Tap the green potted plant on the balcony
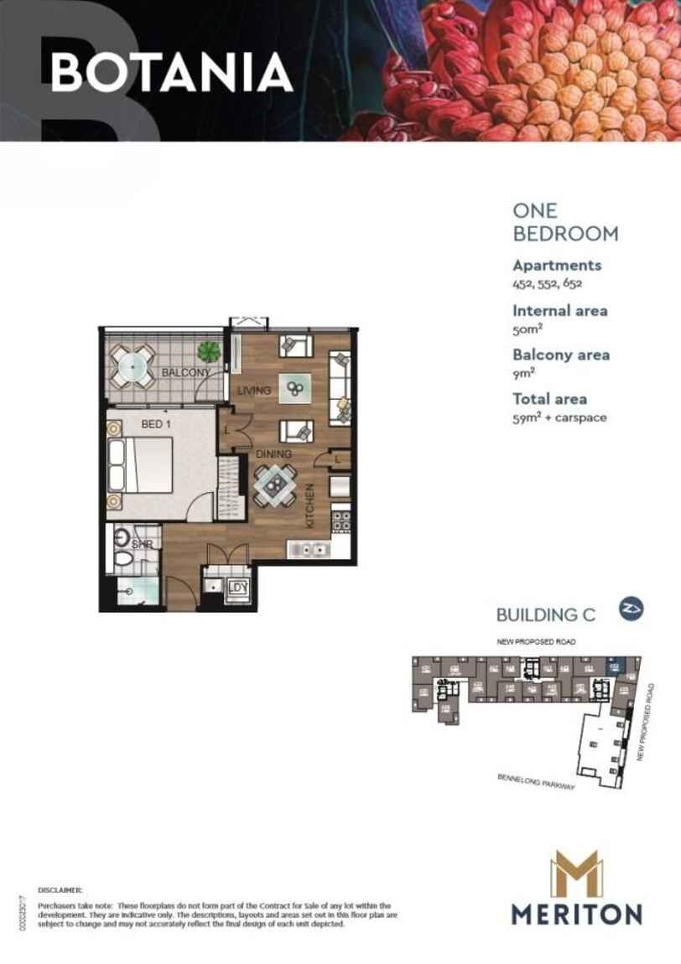pos(208,350)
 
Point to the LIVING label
pos(253,391)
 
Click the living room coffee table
pos(295,388)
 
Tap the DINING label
pos(273,454)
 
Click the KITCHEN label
pos(309,505)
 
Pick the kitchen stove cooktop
pos(340,521)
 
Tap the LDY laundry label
pos(238,588)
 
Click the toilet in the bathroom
pos(122,557)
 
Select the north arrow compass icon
pos(631,609)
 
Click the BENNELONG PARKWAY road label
pos(534,783)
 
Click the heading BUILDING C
pos(545,614)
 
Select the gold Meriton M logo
pos(576,873)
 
